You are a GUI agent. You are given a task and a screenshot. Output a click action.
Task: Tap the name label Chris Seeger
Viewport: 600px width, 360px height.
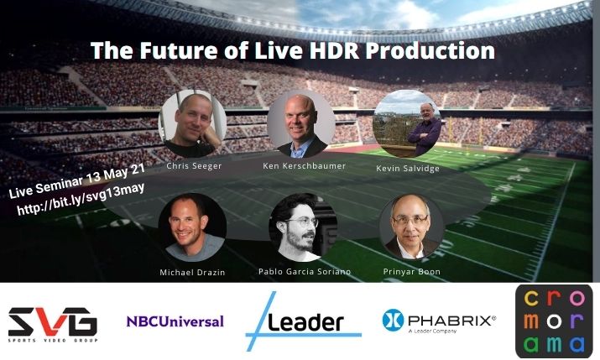coord(194,166)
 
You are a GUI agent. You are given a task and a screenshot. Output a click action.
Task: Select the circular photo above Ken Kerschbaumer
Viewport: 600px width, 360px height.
coord(301,124)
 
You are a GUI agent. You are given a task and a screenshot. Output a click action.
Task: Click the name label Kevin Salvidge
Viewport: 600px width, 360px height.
coord(408,169)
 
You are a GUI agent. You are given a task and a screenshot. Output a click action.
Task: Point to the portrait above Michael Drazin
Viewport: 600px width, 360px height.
coord(192,227)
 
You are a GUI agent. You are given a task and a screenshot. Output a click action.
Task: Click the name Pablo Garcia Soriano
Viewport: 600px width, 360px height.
coord(305,272)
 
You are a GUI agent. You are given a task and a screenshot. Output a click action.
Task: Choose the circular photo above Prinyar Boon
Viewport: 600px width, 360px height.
coord(411,227)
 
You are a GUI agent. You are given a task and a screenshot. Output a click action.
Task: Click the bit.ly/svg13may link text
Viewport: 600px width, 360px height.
coord(81,200)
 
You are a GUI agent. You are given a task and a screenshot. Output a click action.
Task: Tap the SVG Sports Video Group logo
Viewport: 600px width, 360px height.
coord(53,325)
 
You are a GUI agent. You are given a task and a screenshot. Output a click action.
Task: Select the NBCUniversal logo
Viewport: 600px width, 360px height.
coord(175,321)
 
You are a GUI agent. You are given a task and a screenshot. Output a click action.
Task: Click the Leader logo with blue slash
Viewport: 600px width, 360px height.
coord(303,321)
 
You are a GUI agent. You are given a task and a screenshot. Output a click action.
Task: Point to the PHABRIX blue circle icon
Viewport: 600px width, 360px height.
coord(393,320)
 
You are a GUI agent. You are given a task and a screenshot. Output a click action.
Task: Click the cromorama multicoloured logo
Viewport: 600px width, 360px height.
coord(554,321)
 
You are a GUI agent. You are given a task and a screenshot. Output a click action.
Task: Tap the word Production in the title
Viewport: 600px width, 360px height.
coord(430,50)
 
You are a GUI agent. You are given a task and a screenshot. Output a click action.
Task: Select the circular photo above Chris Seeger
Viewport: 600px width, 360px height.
coord(192,123)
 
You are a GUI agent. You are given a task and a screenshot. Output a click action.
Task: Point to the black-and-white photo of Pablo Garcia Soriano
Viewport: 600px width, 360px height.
coord(304,227)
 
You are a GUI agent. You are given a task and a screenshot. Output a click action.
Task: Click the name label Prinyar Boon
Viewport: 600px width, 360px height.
coord(412,272)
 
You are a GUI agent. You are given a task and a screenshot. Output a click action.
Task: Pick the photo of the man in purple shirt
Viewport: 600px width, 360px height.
coord(407,124)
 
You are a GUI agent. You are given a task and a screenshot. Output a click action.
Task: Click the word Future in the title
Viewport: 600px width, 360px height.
coord(180,50)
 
